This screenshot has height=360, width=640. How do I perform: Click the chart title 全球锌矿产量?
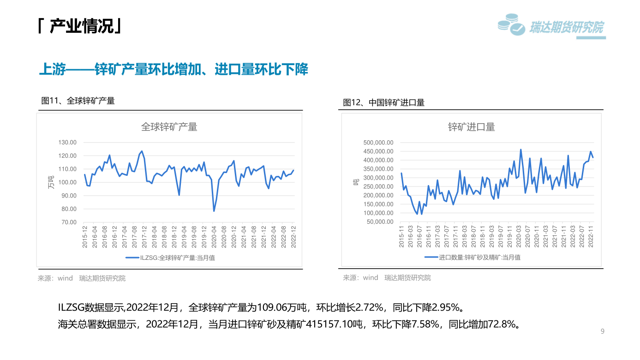(x=169, y=127)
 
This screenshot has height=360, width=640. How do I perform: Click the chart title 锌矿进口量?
(x=471, y=127)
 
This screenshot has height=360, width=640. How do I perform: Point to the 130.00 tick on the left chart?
(x=67, y=142)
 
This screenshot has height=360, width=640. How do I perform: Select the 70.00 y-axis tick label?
(x=67, y=222)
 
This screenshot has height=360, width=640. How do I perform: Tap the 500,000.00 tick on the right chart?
(x=377, y=143)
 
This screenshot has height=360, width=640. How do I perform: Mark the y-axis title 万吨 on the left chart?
(x=51, y=182)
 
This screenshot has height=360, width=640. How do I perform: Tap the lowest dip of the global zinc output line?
(x=214, y=211)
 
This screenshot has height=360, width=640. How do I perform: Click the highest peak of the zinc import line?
(x=521, y=150)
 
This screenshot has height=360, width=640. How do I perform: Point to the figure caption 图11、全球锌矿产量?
(x=78, y=101)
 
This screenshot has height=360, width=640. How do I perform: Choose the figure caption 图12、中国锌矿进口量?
(x=383, y=102)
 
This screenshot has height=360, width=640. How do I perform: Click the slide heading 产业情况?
(x=80, y=27)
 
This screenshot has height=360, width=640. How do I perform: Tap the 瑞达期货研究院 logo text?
(x=567, y=28)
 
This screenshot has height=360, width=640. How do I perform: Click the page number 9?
(x=602, y=331)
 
